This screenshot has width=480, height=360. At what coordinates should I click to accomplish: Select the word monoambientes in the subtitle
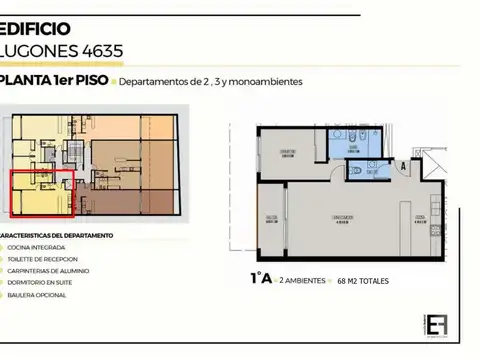(x=263, y=82)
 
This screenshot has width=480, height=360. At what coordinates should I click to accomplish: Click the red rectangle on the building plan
(x=42, y=193)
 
